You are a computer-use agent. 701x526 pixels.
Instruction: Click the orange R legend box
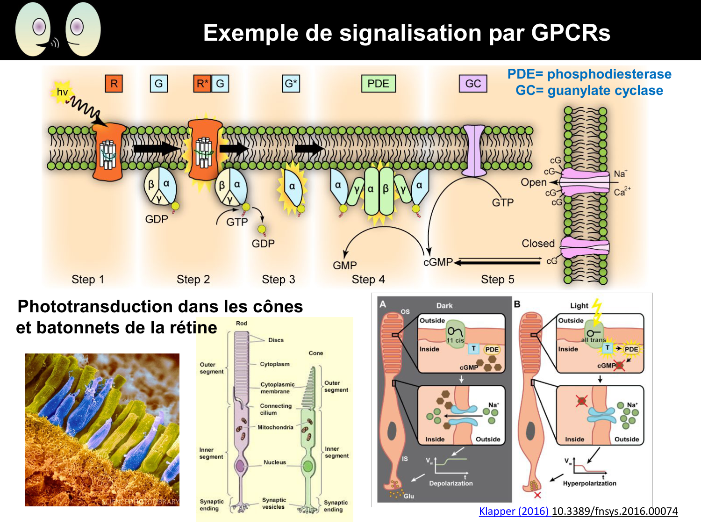[x=114, y=84]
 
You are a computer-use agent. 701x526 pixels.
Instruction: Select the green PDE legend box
[x=378, y=84]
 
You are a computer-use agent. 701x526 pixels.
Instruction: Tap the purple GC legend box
[x=473, y=84]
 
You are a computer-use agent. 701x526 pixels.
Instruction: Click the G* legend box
[x=291, y=84]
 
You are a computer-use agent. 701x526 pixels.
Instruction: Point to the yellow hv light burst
[x=62, y=92]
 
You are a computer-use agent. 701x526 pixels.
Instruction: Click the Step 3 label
[x=279, y=280]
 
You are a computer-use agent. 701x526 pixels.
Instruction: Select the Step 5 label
[x=498, y=280]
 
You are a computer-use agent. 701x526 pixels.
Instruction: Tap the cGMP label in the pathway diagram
[x=438, y=262]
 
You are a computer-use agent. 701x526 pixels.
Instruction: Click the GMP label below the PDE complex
[x=345, y=266]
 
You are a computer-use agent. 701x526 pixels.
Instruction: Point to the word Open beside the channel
[x=534, y=182]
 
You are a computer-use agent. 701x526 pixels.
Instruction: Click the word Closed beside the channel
[x=538, y=244]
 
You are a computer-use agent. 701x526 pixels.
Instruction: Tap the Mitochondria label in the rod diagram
[x=275, y=427]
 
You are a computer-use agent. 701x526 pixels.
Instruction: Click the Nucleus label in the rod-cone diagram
[x=275, y=462]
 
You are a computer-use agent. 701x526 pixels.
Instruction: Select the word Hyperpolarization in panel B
[x=589, y=483]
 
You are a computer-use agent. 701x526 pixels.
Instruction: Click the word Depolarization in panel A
[x=451, y=483]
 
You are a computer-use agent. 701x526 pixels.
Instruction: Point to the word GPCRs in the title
[x=571, y=33]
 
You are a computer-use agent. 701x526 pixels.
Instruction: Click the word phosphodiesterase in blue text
[x=609, y=74]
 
